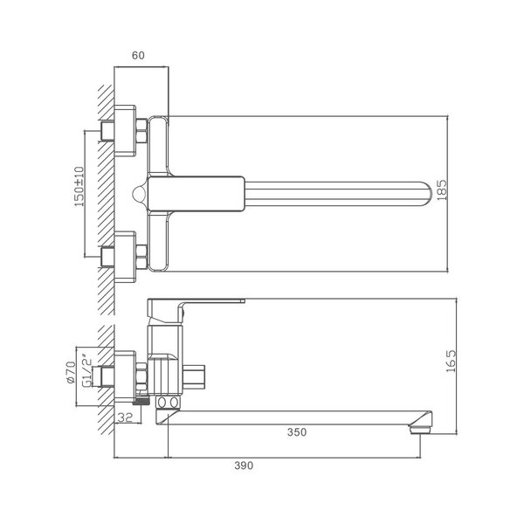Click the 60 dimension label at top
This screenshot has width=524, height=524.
point(138,56)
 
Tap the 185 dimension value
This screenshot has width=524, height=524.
point(441,190)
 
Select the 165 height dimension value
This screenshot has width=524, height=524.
point(451,362)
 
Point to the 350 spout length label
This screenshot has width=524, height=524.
point(297,432)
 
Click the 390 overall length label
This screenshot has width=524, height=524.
point(244,465)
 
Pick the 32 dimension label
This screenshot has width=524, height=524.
point(125,417)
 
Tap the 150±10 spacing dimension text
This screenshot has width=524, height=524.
point(79,186)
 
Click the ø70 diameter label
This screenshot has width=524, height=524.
point(71,372)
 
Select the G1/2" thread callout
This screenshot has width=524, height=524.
point(86,371)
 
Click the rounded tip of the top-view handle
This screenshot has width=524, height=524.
point(429,194)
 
